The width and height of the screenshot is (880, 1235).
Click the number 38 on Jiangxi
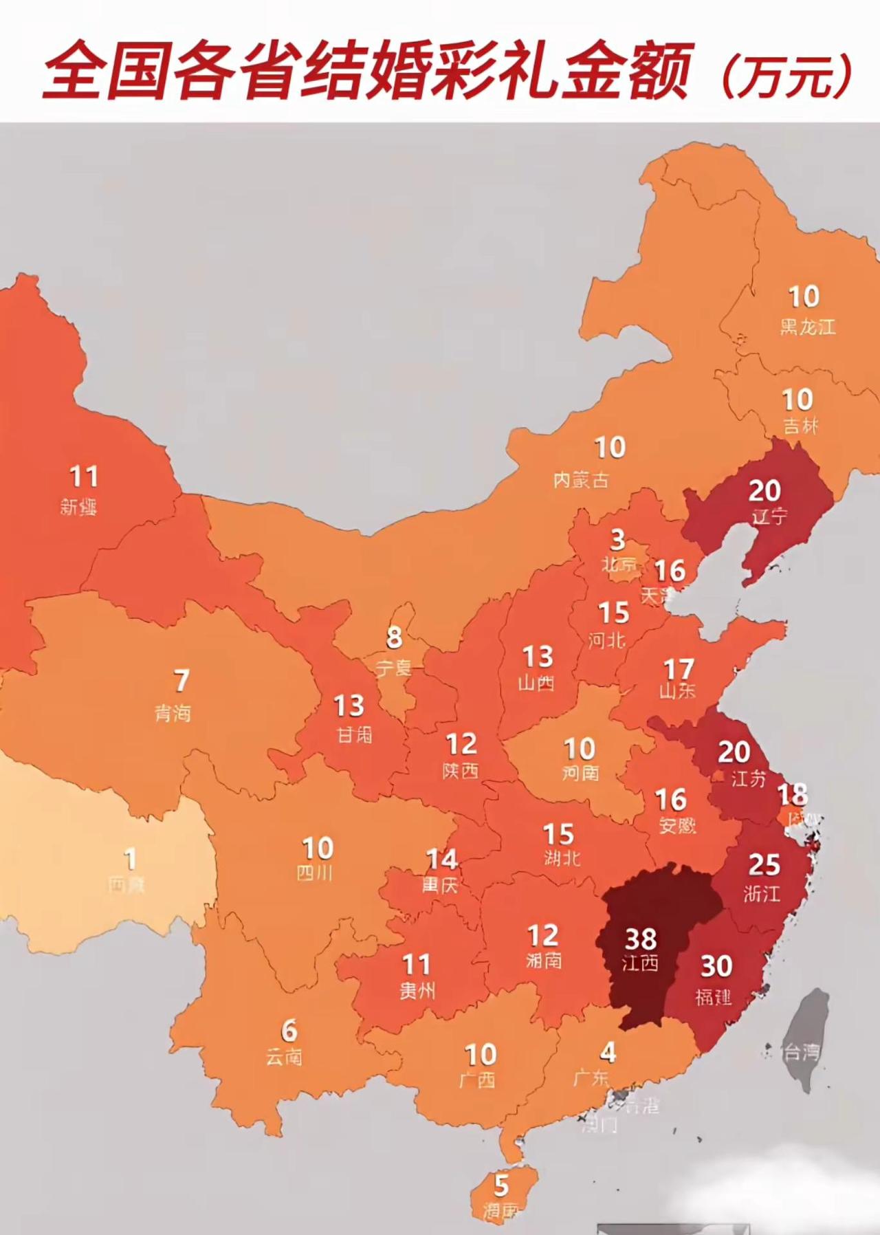[x=641, y=938]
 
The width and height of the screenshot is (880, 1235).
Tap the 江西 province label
[x=641, y=963]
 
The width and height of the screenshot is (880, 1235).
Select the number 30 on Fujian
[x=716, y=966]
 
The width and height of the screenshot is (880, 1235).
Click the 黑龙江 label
[x=807, y=326]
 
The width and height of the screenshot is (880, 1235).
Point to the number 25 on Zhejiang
[x=764, y=864]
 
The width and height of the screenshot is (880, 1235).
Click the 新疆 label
[x=78, y=507]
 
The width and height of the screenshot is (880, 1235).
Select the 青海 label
[x=173, y=713]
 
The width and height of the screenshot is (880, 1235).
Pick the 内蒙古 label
[x=581, y=479]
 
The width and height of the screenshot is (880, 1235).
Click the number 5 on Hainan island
[x=501, y=1185]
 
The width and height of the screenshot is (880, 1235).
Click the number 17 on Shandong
[x=679, y=668]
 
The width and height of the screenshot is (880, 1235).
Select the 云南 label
[x=284, y=1056]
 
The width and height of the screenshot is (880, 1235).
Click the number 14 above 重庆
[x=442, y=859]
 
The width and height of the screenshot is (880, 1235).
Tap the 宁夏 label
[x=393, y=666]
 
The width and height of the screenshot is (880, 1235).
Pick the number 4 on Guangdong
[x=608, y=1052]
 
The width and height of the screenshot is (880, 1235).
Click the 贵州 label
[x=417, y=990]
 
